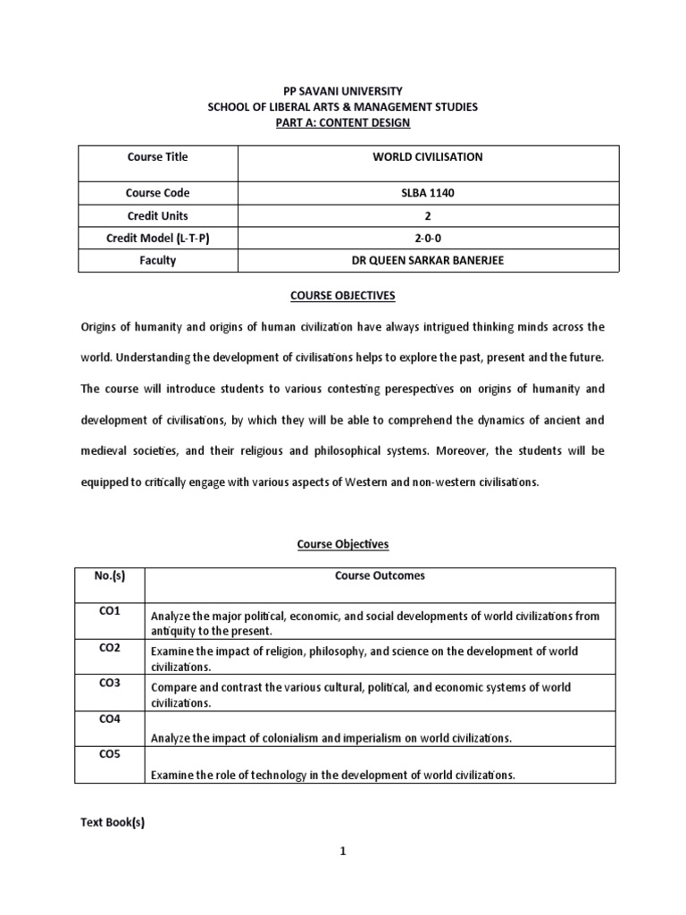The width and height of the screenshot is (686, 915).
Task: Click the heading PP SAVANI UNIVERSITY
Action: [342, 91]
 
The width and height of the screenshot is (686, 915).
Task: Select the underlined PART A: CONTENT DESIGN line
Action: [342, 122]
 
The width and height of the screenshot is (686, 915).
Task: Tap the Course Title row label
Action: [158, 156]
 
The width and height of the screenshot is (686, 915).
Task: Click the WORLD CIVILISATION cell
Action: [427, 156]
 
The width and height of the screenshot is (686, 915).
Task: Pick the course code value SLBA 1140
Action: [427, 193]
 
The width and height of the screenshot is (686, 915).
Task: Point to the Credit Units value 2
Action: [427, 216]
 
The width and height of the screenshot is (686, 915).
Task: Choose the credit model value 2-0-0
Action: [427, 239]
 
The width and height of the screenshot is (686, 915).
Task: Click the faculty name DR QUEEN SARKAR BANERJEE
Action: [427, 261]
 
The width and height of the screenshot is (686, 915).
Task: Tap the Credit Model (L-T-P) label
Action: [158, 239]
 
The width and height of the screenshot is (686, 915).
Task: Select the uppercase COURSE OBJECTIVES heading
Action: [343, 294]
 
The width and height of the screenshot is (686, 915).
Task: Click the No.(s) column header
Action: [110, 576]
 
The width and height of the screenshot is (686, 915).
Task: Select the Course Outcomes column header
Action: [380, 576]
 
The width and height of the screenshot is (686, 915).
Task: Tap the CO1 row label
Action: [110, 611]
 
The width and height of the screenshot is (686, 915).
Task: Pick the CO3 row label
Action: [110, 683]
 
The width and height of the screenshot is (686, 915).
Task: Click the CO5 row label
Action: [110, 754]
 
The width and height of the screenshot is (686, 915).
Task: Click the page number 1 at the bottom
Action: [342, 877]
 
